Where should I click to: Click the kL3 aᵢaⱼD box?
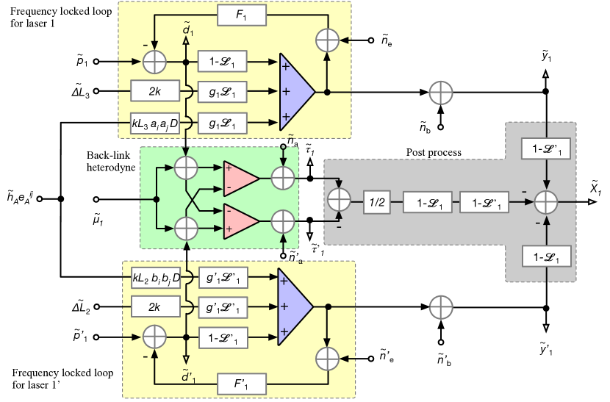pyautogui.click(x=155, y=126)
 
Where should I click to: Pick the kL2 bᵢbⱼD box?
pyautogui.click(x=155, y=279)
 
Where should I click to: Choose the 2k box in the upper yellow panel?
pyautogui.click(x=155, y=91)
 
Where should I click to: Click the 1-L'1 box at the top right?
pyautogui.click(x=546, y=149)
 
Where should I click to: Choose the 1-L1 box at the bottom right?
pyautogui.click(x=546, y=257)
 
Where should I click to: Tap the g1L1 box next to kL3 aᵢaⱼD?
pyautogui.click(x=222, y=126)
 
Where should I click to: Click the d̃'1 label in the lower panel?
pyautogui.click(x=188, y=376)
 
